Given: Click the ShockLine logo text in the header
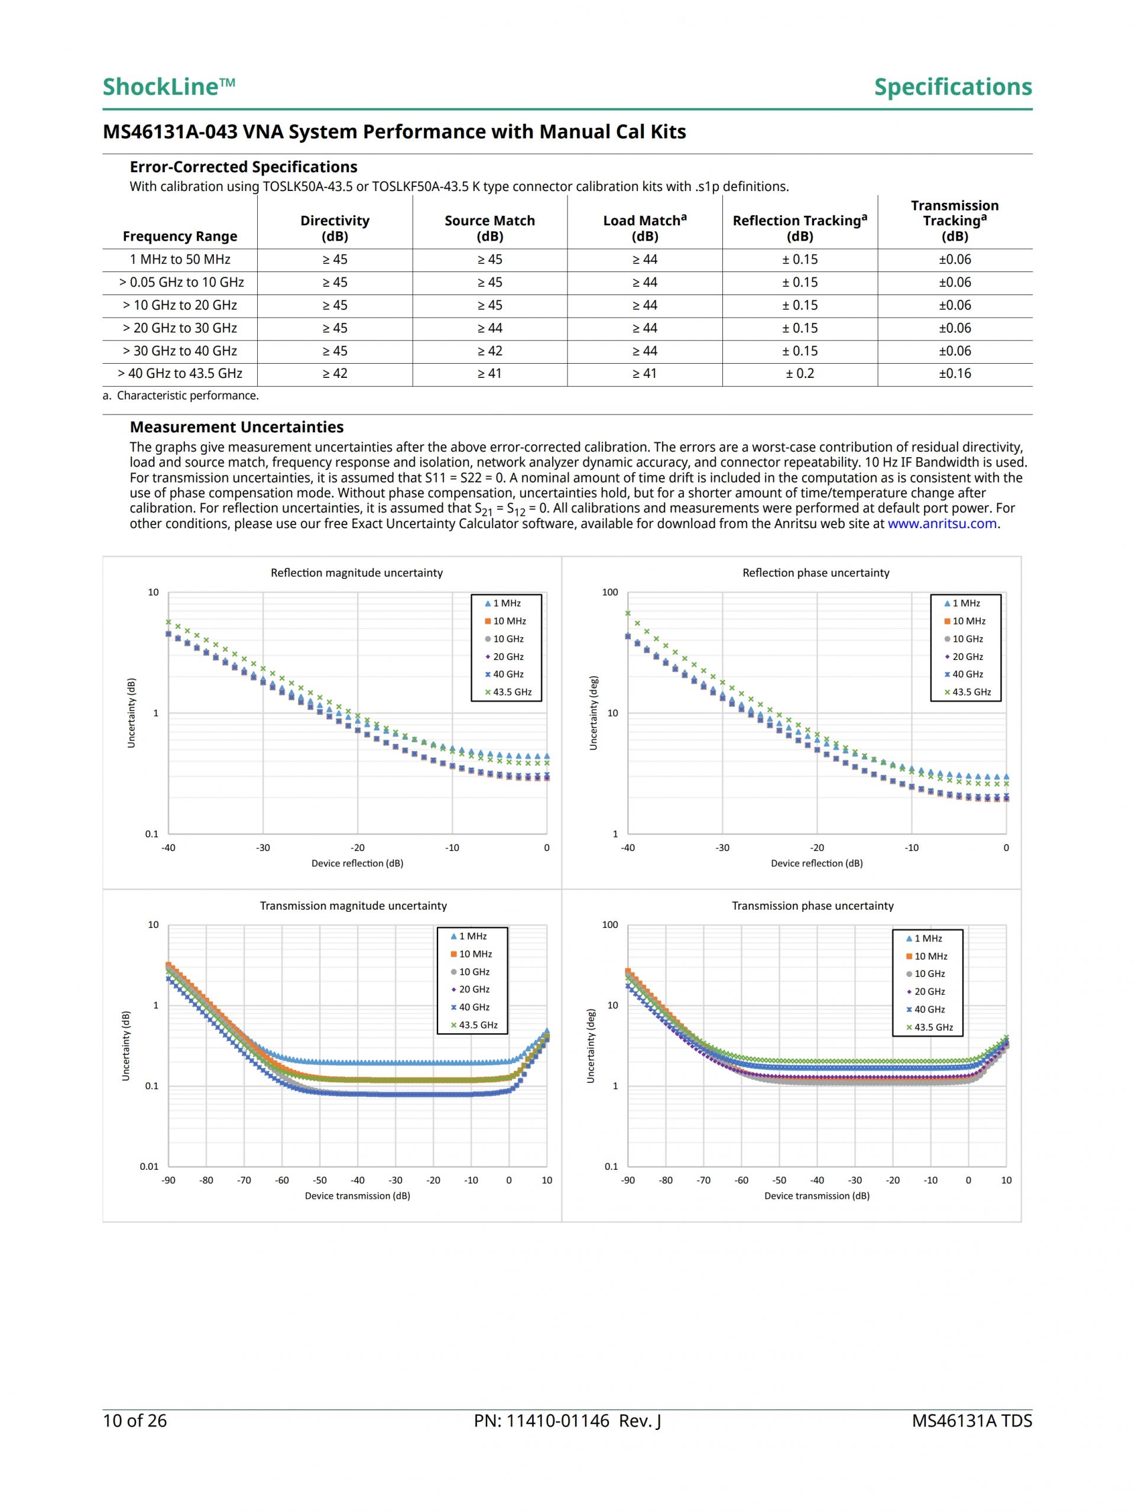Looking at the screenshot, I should click(168, 87).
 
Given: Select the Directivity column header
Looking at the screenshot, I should click(335, 228).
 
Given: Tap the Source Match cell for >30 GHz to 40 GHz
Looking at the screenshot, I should click(489, 351).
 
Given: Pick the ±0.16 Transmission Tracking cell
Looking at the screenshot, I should click(954, 374).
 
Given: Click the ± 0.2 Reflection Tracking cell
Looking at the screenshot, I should click(800, 374).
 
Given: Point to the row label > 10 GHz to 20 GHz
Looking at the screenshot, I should click(180, 305).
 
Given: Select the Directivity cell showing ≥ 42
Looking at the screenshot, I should click(335, 374).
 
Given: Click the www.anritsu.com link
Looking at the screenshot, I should click(942, 524).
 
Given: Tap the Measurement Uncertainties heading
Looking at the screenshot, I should click(236, 427).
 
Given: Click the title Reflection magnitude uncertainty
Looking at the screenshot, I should click(356, 572).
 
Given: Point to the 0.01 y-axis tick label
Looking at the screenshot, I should click(149, 1166).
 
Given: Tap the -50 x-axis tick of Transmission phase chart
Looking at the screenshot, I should click(779, 1180).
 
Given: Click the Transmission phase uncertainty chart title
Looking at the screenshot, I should click(813, 906).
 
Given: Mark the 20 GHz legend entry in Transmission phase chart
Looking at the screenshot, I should click(929, 992).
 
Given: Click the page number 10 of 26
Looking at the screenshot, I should click(135, 1421).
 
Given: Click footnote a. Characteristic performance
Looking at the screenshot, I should click(181, 396).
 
